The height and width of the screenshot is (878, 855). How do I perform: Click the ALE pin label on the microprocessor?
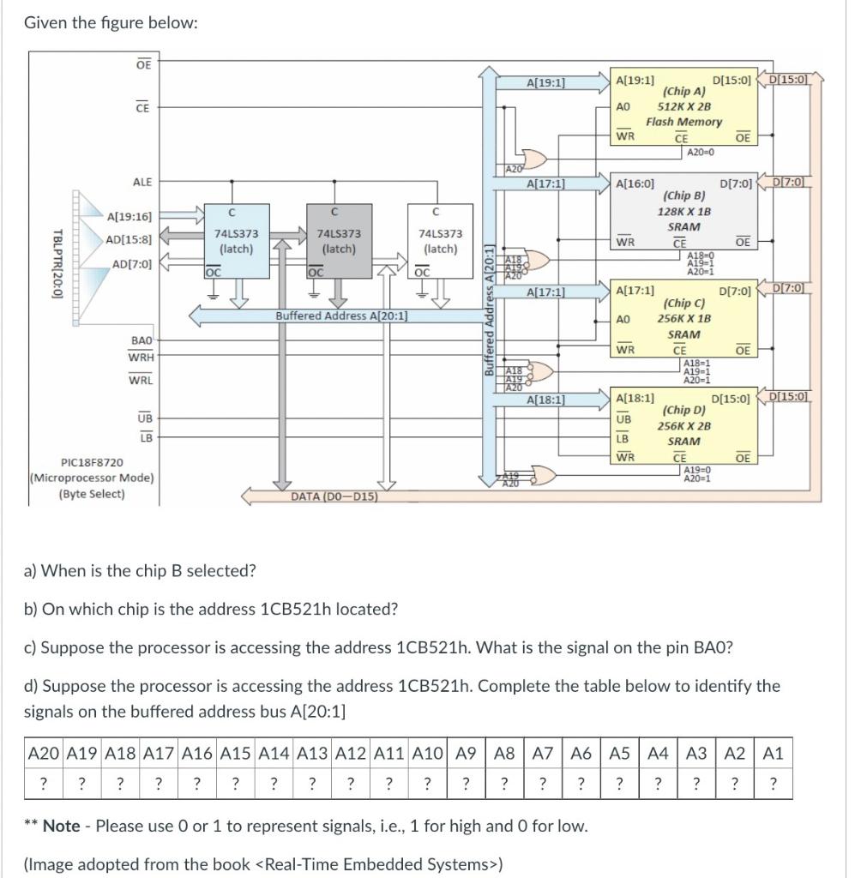pos(141,182)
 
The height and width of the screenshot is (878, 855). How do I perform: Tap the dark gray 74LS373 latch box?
pos(339,240)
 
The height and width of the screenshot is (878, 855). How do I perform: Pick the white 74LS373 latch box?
pos(440,240)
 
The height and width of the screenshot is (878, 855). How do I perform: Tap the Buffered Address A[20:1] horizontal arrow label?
pos(341,316)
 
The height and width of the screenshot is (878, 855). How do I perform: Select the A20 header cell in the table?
pos(44,755)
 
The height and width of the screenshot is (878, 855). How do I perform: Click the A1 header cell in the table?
pos(772,755)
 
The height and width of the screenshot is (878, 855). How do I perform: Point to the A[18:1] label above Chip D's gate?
pos(545,400)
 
